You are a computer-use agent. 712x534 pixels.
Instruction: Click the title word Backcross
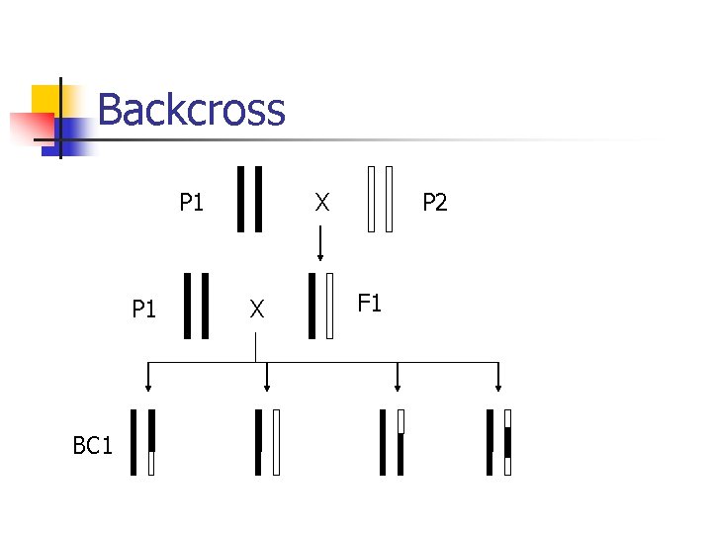click(192, 109)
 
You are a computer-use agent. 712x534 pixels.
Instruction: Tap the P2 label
click(435, 203)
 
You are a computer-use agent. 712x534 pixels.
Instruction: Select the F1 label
click(369, 303)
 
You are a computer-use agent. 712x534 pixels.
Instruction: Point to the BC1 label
click(93, 446)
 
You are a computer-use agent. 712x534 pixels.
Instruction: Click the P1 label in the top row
click(192, 203)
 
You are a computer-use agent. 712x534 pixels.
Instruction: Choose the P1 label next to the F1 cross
click(144, 310)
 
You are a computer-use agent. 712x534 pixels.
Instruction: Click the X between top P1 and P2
click(321, 203)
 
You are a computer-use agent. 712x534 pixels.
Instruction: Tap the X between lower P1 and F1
click(257, 310)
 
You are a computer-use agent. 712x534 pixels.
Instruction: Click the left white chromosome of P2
click(371, 199)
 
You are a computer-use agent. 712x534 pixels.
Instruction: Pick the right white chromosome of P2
click(390, 199)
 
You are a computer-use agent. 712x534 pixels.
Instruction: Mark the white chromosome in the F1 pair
click(330, 307)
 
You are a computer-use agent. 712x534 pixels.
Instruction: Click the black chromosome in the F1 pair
click(313, 307)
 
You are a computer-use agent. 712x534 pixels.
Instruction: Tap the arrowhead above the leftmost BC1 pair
click(148, 387)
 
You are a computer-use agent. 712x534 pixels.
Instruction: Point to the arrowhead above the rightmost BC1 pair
click(498, 387)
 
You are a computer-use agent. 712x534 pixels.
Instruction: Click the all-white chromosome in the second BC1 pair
click(277, 442)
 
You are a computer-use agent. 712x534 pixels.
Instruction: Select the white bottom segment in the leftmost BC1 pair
click(151, 463)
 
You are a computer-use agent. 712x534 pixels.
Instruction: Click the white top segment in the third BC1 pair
click(400, 421)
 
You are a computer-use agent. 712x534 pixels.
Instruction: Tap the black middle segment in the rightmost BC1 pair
click(507, 442)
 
